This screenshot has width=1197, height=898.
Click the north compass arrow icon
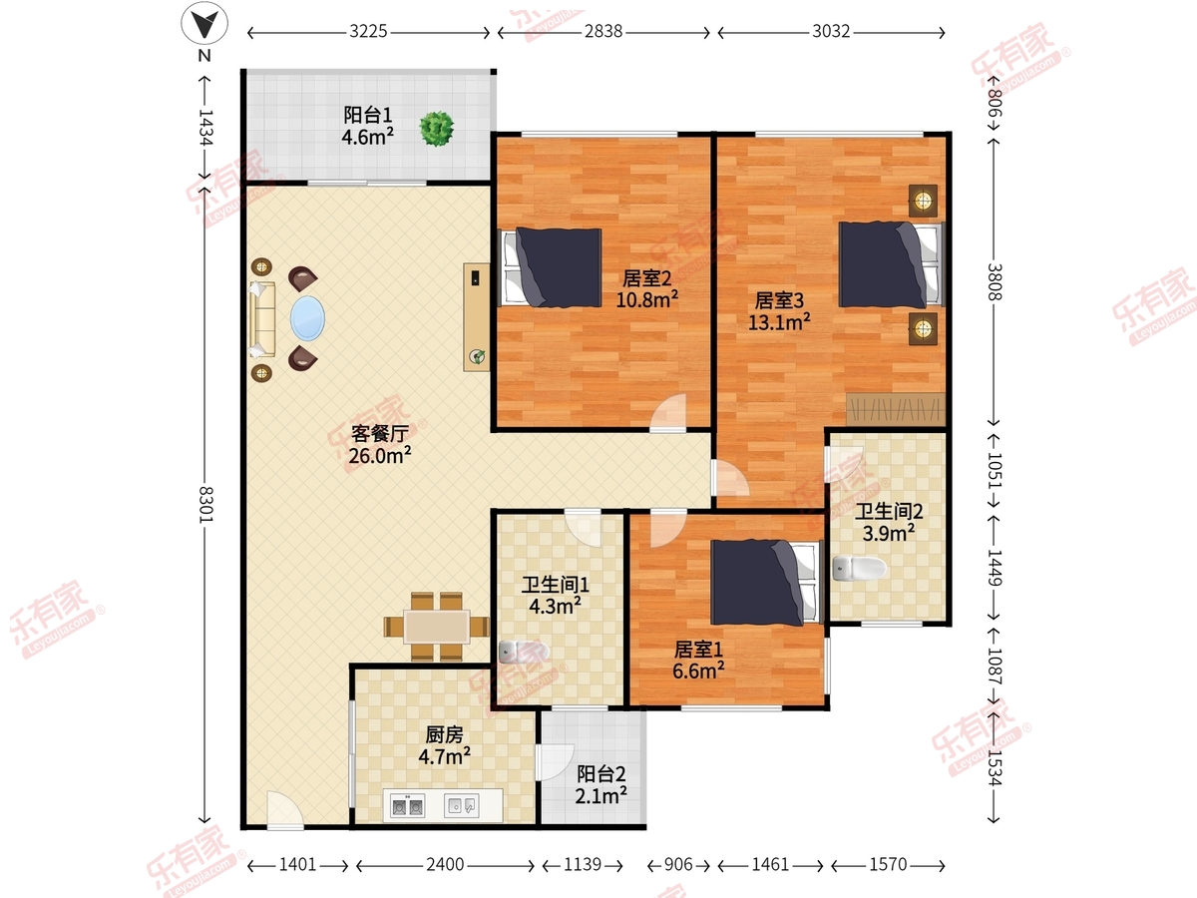click(x=204, y=23)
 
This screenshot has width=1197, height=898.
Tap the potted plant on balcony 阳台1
click(x=436, y=129)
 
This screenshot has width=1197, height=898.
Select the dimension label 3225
click(x=368, y=32)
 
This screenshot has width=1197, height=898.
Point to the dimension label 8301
click(x=205, y=504)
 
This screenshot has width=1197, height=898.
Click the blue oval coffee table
click(x=307, y=318)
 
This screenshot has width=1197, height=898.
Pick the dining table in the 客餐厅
click(x=437, y=627)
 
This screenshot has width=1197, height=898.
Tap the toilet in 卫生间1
click(x=523, y=651)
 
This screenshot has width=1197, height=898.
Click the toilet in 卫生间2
click(x=860, y=569)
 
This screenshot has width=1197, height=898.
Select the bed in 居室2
click(x=552, y=267)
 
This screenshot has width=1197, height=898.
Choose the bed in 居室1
click(x=766, y=582)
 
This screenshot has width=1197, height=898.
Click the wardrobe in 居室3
click(x=896, y=409)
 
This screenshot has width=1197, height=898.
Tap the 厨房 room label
click(x=445, y=735)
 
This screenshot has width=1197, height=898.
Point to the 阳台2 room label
click(x=601, y=773)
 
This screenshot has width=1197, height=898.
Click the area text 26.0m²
click(x=380, y=455)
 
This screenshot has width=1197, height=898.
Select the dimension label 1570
click(x=888, y=864)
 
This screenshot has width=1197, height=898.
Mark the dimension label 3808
click(x=996, y=282)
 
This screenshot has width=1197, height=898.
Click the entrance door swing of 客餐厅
click(x=284, y=810)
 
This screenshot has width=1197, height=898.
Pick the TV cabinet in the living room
click(x=477, y=317)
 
